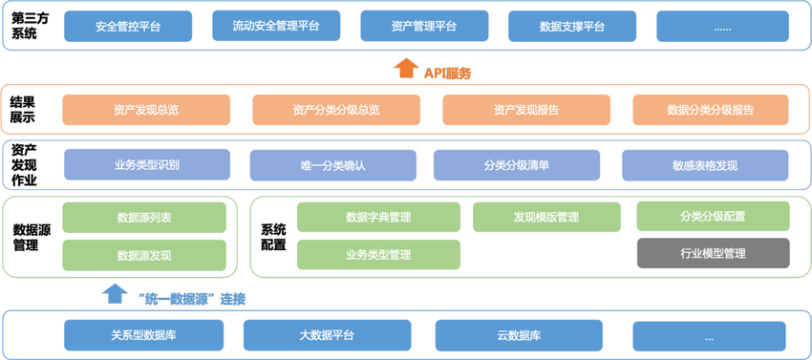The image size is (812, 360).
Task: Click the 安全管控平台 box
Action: [127, 27]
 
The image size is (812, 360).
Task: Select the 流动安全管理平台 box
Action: [275, 26]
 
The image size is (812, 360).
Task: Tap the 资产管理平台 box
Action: [423, 27]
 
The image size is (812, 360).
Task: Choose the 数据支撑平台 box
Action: [571, 27]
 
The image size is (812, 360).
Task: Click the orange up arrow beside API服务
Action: [405, 69]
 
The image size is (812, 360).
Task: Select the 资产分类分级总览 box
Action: [336, 110]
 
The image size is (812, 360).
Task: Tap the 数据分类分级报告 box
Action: [710, 110]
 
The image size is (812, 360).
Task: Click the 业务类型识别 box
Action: [147, 164]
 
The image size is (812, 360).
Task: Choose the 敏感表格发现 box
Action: [706, 165]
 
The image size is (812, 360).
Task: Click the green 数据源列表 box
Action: [144, 218]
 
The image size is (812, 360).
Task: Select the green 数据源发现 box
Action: [144, 255]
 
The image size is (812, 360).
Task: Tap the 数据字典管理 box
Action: [378, 217]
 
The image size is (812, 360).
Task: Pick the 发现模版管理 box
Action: [546, 217]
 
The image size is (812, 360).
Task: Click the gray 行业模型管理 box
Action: [713, 253]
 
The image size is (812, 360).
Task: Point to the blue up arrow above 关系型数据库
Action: [115, 292]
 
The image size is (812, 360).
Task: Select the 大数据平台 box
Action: [327, 335]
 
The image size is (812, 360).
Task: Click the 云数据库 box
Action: [519, 335]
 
